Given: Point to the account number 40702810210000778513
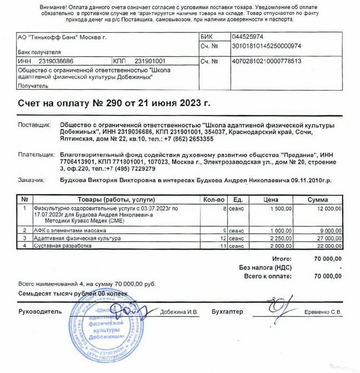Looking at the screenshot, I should pos(267,61).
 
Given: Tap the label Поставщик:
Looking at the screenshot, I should pos(34,125).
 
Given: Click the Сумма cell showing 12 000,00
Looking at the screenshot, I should pos(326,208).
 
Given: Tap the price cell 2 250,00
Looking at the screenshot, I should pos(281,239).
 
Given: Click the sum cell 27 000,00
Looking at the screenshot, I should pos(326,239).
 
